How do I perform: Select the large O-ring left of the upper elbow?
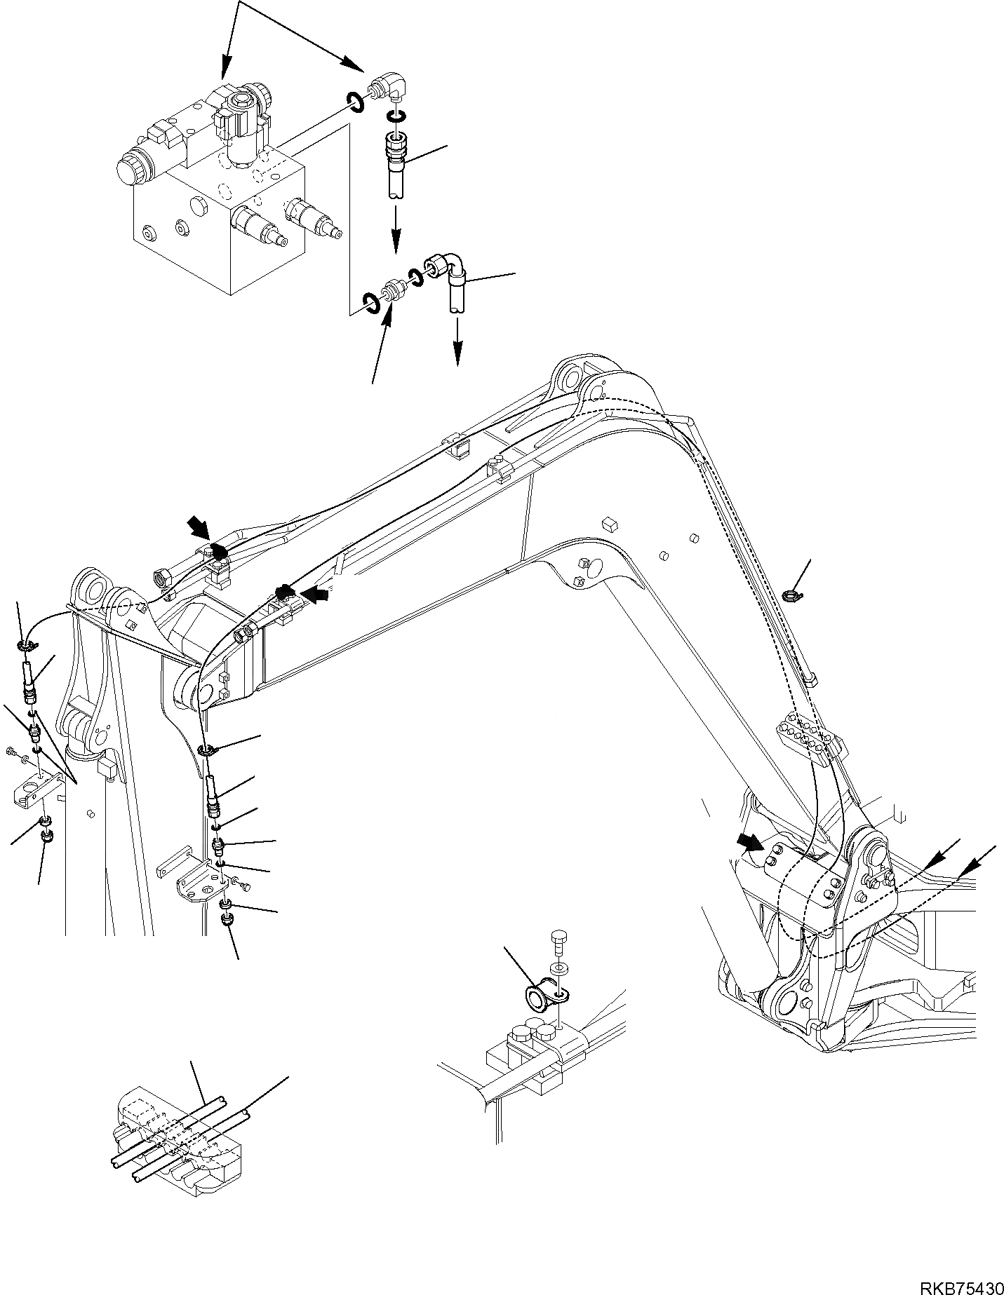(354, 102)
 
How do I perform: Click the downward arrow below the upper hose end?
(396, 235)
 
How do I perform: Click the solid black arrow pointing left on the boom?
(317, 595)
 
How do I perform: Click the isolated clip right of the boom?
(791, 596)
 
